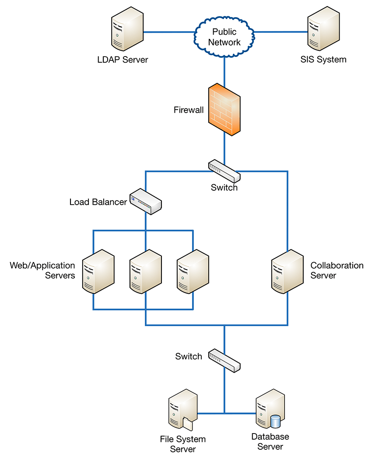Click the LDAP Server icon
[127, 30]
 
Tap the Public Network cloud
[224, 37]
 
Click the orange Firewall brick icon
[224, 109]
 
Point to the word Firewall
[189, 110]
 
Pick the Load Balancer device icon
[146, 201]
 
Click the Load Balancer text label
[98, 202]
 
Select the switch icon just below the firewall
[225, 171]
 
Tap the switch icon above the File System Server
[225, 360]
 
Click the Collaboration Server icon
[287, 271]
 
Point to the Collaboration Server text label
[337, 270]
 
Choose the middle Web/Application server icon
[146, 271]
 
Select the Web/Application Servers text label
[42, 270]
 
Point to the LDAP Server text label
[123, 60]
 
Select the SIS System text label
[323, 60]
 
